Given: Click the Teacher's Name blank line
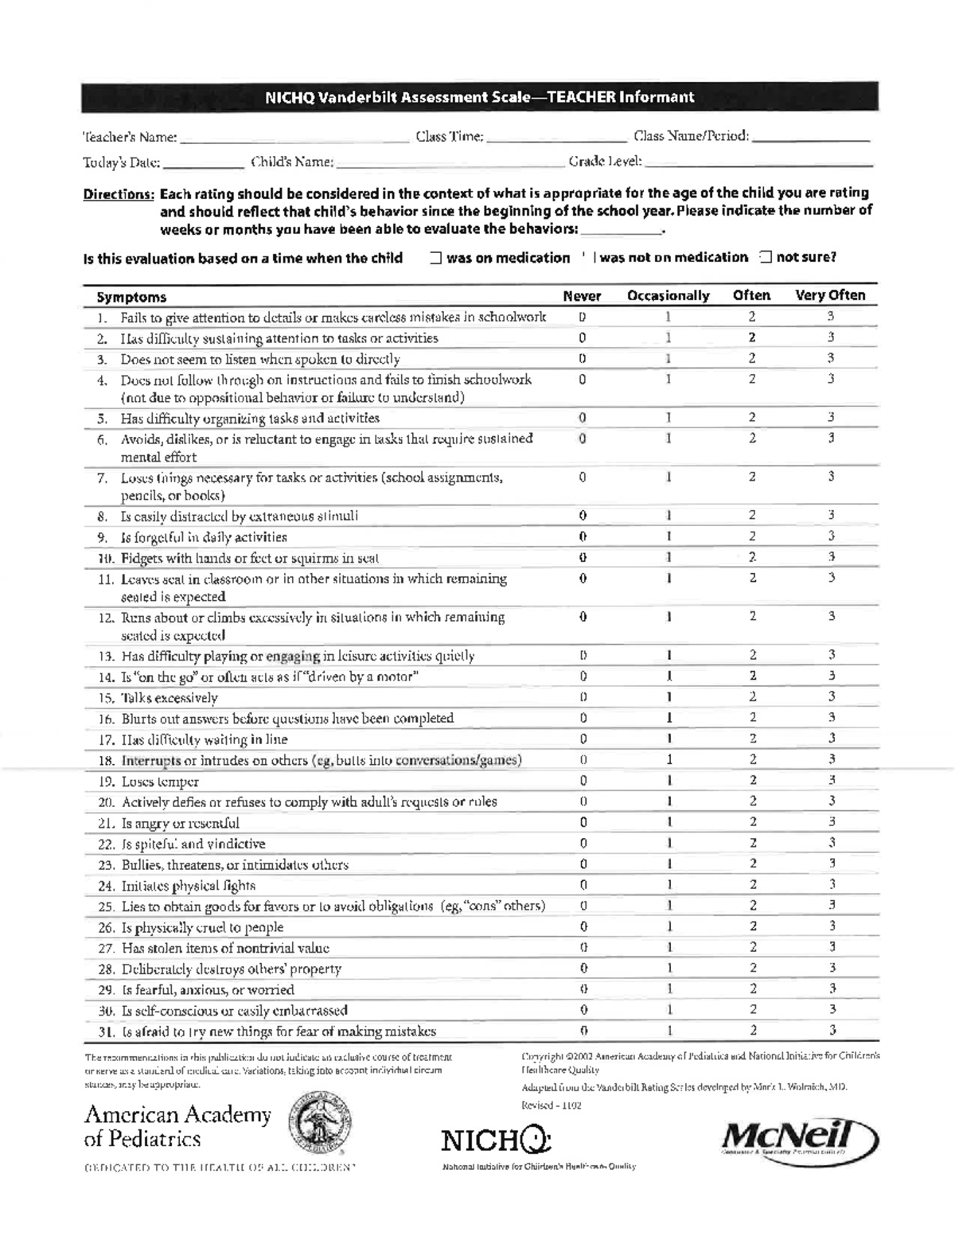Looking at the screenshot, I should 294,139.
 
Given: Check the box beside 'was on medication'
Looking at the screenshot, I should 436,258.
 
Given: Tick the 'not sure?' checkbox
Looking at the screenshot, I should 766,257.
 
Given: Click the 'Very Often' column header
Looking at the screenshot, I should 830,295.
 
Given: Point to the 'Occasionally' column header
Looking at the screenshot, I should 668,296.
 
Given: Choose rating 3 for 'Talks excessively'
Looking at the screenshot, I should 831,696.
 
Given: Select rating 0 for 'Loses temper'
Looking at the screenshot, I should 583,781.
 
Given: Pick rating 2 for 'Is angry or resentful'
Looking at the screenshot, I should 752,822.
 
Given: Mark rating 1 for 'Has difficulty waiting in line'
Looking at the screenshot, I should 669,739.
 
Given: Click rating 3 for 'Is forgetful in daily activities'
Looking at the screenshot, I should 831,536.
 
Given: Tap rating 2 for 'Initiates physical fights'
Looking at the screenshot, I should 752,884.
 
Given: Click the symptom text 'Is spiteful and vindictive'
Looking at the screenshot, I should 193,844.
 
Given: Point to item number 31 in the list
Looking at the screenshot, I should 107,1031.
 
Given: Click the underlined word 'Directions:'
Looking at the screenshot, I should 119,194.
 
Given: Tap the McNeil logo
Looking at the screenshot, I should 798,1140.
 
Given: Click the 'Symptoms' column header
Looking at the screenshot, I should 131,297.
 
